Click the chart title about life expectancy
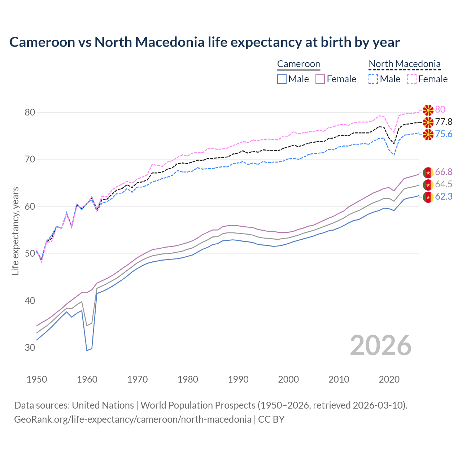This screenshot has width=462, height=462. pos(204,42)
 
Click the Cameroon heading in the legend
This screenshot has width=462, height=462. pos(298,64)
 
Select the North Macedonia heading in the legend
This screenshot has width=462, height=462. pos(404,64)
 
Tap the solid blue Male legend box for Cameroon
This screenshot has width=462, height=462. pos(282,79)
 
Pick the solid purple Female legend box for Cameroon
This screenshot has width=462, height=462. pos(321,79)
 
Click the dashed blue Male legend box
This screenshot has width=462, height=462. pos(373,79)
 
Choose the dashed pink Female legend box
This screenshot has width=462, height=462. pos(412,79)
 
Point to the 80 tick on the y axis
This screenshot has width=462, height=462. pos(30,112)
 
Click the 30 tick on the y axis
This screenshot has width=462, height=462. pos(30,348)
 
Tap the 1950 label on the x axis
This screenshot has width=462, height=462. pos(37,379)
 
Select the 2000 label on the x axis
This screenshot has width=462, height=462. pos(288,379)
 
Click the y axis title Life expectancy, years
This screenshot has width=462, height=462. pos(16,231)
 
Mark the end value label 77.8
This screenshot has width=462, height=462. pos(444,122)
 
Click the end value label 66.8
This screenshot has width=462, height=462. pos(444,172)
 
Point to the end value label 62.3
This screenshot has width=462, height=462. pos(444,197)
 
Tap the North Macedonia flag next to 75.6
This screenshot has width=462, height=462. pos(428,135)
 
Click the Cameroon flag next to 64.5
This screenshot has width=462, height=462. pos(428,185)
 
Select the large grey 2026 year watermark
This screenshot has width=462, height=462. pos(380,345)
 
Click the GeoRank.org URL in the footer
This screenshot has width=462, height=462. pos(132,419)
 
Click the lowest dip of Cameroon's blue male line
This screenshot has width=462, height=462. pos(87,350)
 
